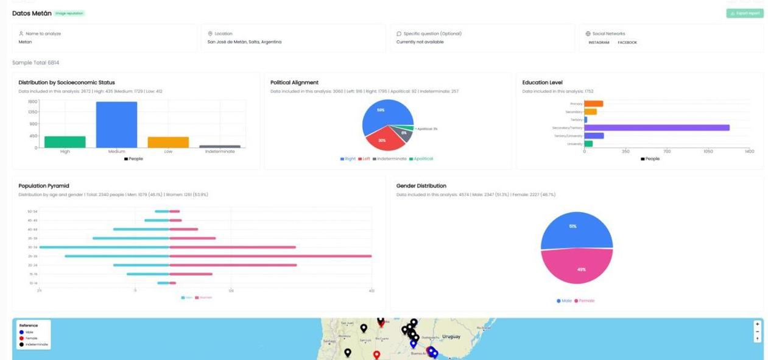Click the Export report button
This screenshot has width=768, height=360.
[x=744, y=13]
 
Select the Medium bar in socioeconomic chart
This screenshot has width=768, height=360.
[x=116, y=124]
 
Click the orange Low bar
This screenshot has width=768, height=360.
[x=168, y=142]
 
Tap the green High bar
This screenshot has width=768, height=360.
[x=65, y=141]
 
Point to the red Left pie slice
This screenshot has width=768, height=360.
[x=382, y=141]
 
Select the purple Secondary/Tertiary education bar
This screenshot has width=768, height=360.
[x=657, y=128]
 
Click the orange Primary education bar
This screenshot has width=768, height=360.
[x=594, y=104]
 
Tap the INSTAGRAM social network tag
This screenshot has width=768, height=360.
[x=599, y=43]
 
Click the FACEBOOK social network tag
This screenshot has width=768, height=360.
[x=627, y=43]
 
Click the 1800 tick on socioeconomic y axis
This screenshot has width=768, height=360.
[x=33, y=102]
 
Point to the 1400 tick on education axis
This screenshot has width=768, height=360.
[x=749, y=151]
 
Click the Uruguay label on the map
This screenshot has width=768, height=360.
[x=451, y=336]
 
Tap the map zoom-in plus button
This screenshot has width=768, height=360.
[x=757, y=324]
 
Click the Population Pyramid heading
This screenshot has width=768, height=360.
[x=44, y=186]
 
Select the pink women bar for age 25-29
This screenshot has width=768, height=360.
[x=270, y=256]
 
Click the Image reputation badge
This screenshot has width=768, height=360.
[x=69, y=13]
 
